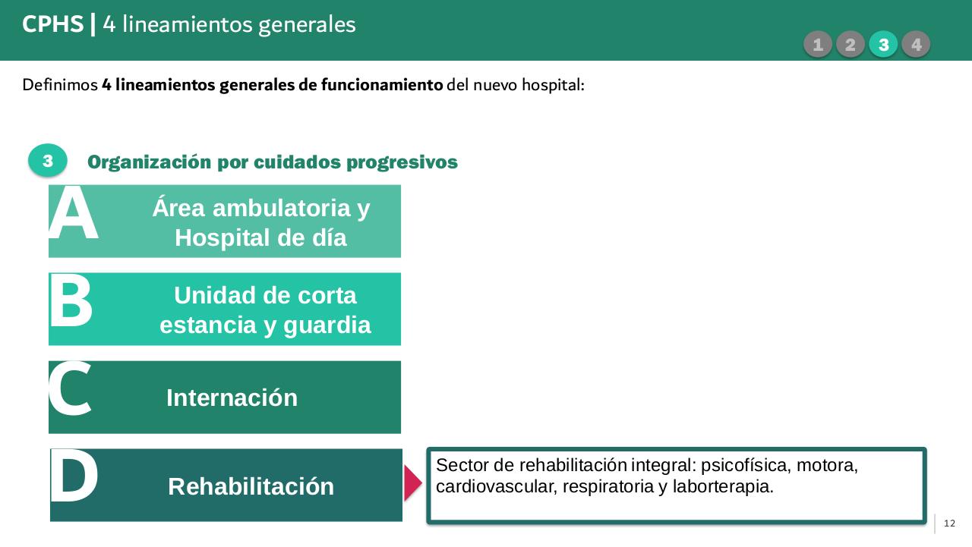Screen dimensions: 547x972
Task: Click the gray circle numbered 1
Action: [817, 45]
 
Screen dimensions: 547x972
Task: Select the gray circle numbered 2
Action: [850, 45]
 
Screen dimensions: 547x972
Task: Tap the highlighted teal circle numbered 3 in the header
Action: [883, 45]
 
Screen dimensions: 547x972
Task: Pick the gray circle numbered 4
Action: [917, 45]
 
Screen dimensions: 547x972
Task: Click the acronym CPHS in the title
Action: [53, 25]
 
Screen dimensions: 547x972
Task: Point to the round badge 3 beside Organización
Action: [48, 161]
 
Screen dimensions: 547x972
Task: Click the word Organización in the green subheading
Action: [149, 162]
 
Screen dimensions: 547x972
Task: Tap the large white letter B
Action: [71, 303]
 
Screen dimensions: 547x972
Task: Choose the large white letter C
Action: [70, 390]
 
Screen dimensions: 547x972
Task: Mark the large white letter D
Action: [74, 477]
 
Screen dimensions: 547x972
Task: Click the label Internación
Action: [232, 398]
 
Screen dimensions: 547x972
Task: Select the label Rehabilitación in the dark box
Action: [251, 486]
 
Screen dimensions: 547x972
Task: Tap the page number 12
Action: [949, 523]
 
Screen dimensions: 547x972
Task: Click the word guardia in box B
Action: [327, 325]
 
